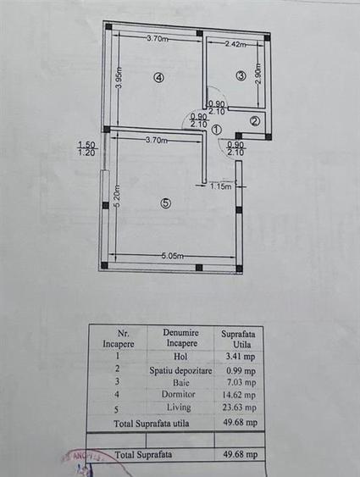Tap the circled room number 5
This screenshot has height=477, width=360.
tap(166, 202)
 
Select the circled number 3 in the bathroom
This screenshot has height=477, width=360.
tap(241, 76)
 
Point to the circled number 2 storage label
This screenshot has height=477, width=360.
tap(254, 120)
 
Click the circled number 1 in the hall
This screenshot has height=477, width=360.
tap(217, 130)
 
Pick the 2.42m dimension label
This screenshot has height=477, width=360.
tap(235, 44)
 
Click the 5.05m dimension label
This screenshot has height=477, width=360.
tap(176, 254)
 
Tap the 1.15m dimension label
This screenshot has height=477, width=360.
tap(221, 186)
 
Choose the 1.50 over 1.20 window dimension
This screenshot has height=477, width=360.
tap(86, 149)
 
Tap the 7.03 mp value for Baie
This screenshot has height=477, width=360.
tap(238, 380)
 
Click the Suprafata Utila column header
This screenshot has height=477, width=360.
tap(237, 337)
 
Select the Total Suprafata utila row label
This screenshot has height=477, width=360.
tap(151, 421)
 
